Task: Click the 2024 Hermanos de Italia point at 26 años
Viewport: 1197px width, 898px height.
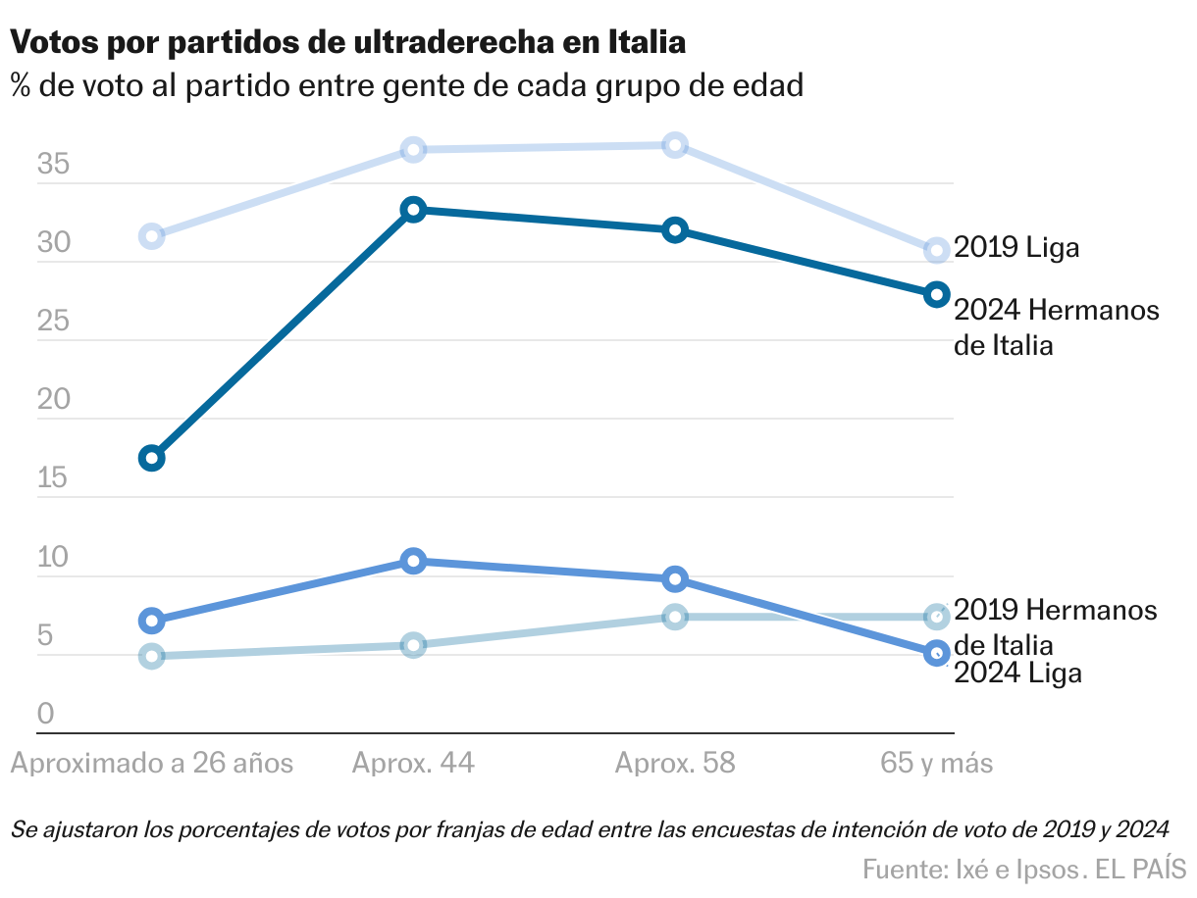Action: (x=152, y=458)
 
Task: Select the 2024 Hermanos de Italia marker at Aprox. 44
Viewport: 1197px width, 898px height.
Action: (x=413, y=210)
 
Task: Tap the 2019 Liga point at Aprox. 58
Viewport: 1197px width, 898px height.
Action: (x=675, y=146)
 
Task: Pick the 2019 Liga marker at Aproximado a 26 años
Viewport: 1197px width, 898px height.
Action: (x=152, y=235)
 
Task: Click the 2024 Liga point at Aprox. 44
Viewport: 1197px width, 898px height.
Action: (x=413, y=561)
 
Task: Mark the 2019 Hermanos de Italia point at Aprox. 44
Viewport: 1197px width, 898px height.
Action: (x=413, y=645)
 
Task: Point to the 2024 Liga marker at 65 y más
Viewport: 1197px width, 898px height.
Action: (x=937, y=652)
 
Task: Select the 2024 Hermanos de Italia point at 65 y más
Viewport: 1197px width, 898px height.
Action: (x=937, y=294)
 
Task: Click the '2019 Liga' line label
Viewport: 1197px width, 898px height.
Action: (x=1016, y=247)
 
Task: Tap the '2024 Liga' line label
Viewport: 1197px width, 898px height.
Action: (x=1017, y=673)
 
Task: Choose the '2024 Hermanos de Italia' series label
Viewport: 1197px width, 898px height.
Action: (x=1056, y=327)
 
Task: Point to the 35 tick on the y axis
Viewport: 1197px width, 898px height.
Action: (x=53, y=165)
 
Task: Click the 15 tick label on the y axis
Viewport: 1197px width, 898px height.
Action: (x=53, y=479)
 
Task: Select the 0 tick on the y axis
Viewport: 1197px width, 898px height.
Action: (x=45, y=715)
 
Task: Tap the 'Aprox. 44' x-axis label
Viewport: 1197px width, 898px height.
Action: (x=413, y=764)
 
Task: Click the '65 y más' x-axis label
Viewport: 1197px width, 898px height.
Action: (x=936, y=764)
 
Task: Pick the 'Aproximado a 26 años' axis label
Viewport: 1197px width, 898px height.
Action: (x=152, y=764)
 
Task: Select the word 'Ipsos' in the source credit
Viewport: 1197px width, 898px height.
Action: (x=1048, y=869)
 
